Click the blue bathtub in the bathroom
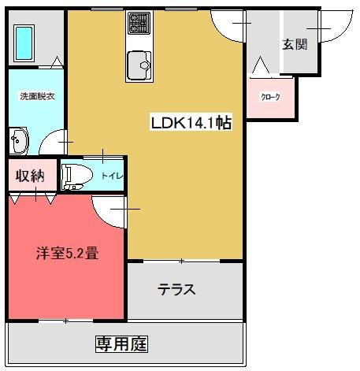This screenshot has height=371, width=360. click(24, 43)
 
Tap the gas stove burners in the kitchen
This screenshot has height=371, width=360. click(139, 23)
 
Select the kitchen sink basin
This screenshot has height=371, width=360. click(139, 65)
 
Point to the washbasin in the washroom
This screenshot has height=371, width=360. click(18, 141)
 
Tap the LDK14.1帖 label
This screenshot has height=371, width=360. click(191, 123)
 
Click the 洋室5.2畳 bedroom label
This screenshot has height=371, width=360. click(67, 254)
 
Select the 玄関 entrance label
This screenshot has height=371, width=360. click(295, 44)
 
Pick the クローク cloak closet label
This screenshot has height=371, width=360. click(270, 98)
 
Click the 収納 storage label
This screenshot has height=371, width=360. click(30, 176)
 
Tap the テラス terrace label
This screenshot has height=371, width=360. click(176, 289)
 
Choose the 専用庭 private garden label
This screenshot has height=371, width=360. click(121, 344)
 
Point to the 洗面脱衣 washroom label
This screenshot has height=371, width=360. click(37, 96)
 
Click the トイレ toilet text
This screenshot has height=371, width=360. click(112, 176)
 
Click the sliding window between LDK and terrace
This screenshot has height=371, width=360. click(181, 261)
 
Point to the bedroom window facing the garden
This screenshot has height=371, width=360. click(66, 321)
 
